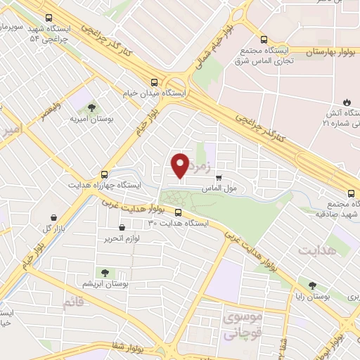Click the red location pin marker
pos(181,165)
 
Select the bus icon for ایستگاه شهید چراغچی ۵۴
pos(48,18)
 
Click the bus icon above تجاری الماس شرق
pos(264,39)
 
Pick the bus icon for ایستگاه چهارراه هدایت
pos(105,174)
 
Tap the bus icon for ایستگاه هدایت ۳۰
pos(177,212)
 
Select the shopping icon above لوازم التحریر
pos(122,227)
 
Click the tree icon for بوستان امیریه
pos(91,108)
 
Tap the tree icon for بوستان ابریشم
pos(103,272)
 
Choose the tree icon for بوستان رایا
pos(312,286)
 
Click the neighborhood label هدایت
pos(317,250)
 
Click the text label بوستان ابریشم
pos(104,283)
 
